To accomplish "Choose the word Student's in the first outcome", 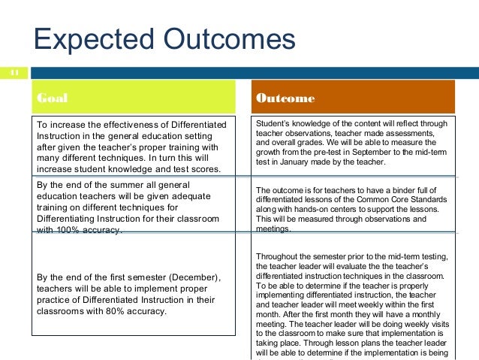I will coord(274,123).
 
